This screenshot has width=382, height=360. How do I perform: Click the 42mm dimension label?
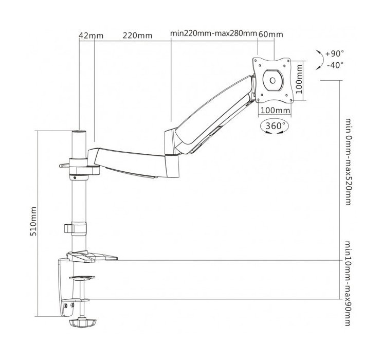pyautogui.click(x=91, y=35)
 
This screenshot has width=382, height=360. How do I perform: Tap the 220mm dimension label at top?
pyautogui.click(x=137, y=35)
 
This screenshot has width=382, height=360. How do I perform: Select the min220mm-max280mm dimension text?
pyautogui.click(x=213, y=34)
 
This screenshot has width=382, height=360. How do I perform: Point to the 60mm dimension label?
pyautogui.click(x=270, y=34)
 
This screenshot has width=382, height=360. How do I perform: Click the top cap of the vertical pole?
pyautogui.click(x=78, y=132)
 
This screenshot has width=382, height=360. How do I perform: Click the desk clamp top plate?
pyautogui.click(x=93, y=256)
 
